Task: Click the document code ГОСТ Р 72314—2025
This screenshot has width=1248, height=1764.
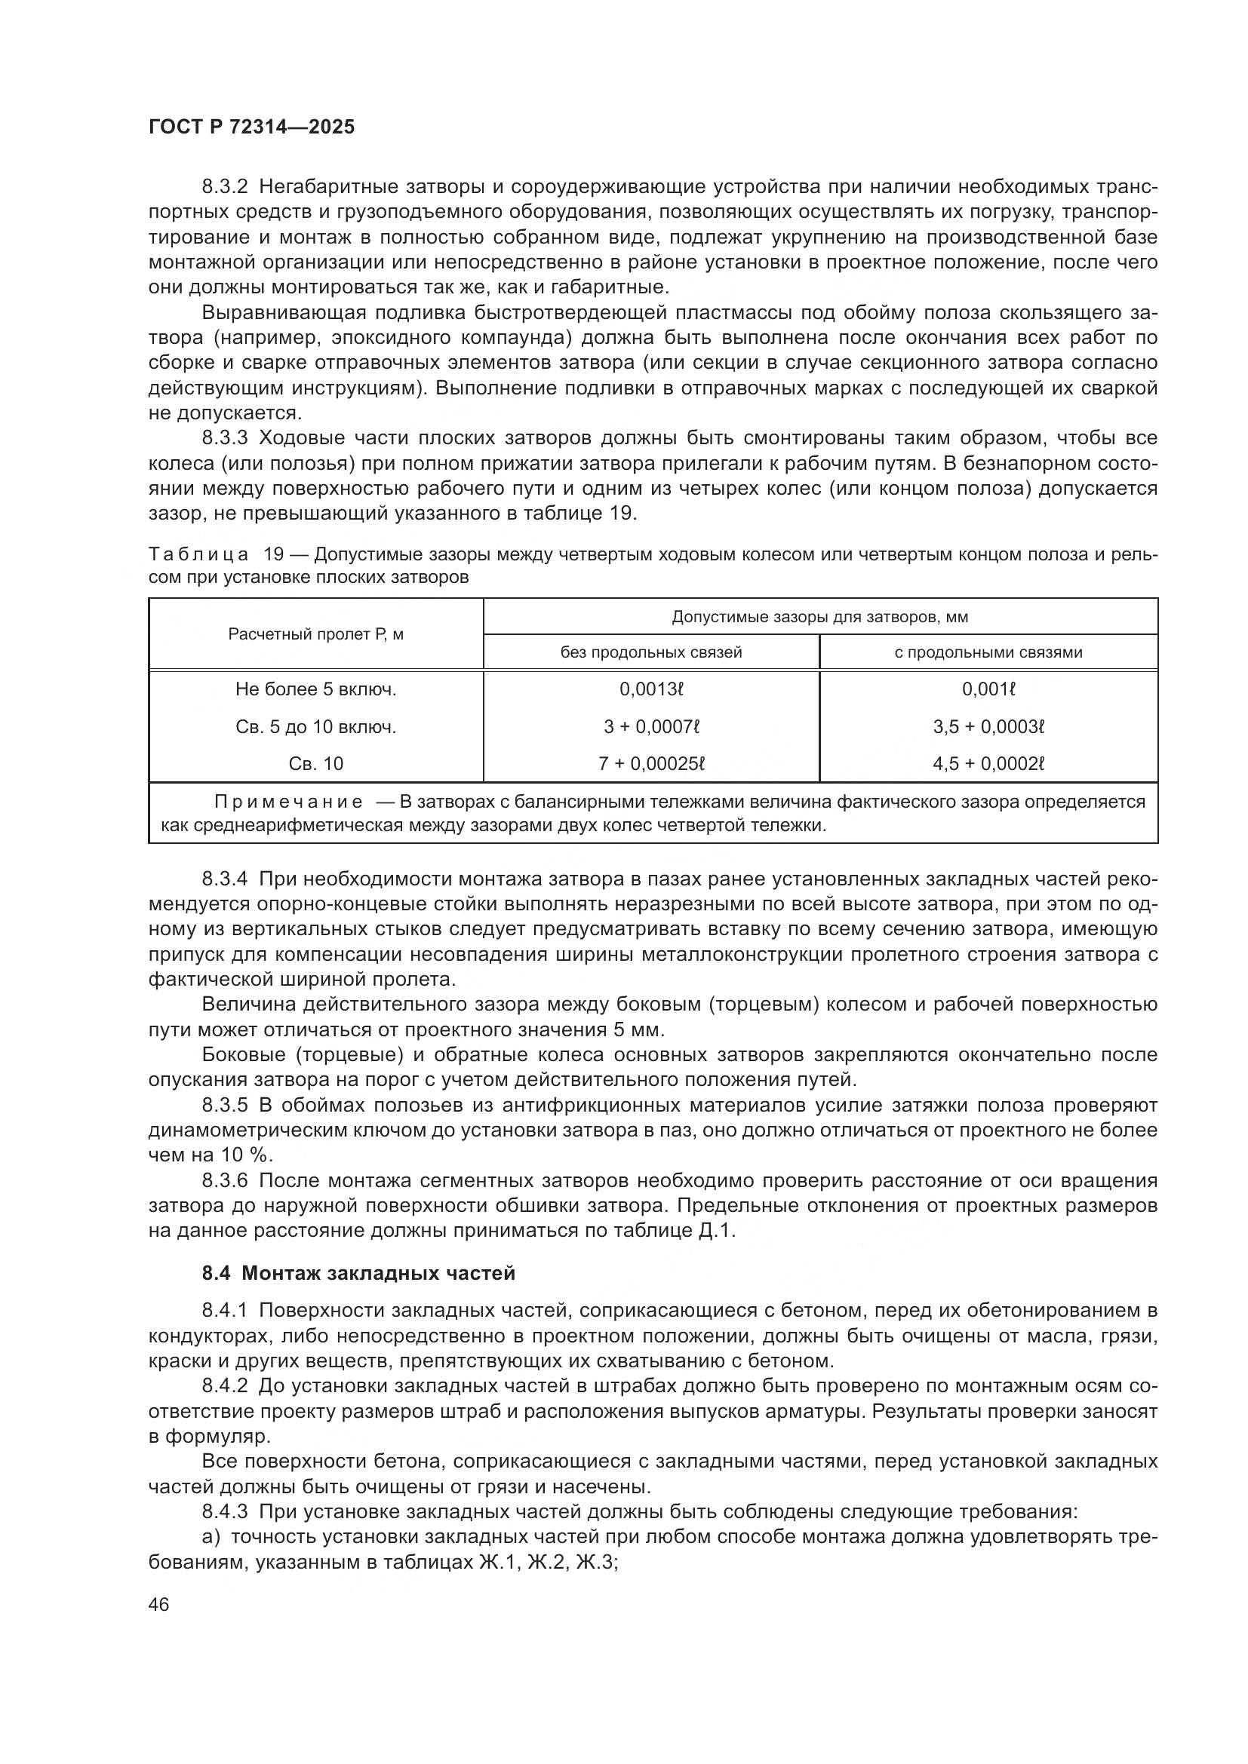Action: pyautogui.click(x=251, y=127)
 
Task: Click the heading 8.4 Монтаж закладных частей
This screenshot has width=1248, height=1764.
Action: pyautogui.click(x=358, y=1273)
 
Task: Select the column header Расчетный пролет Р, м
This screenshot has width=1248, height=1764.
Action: pyautogui.click(x=316, y=634)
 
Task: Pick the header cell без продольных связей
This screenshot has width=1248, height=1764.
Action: pyautogui.click(x=651, y=652)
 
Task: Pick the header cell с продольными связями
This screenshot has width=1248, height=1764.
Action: pyautogui.click(x=988, y=652)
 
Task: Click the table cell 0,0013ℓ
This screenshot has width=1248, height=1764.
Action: pyautogui.click(x=652, y=689)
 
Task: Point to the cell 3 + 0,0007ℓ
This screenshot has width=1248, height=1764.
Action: pyautogui.click(x=652, y=726)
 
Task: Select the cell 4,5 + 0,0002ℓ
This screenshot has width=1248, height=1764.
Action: pyautogui.click(x=989, y=764)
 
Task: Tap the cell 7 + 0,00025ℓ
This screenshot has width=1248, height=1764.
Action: pyautogui.click(x=652, y=764)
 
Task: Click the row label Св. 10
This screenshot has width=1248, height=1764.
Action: pyautogui.click(x=316, y=764)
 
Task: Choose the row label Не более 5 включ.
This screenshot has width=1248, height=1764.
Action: pyautogui.click(x=316, y=689)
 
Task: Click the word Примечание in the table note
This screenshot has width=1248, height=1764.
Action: pyautogui.click(x=287, y=802)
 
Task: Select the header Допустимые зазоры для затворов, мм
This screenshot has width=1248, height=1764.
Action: pyautogui.click(x=820, y=617)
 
